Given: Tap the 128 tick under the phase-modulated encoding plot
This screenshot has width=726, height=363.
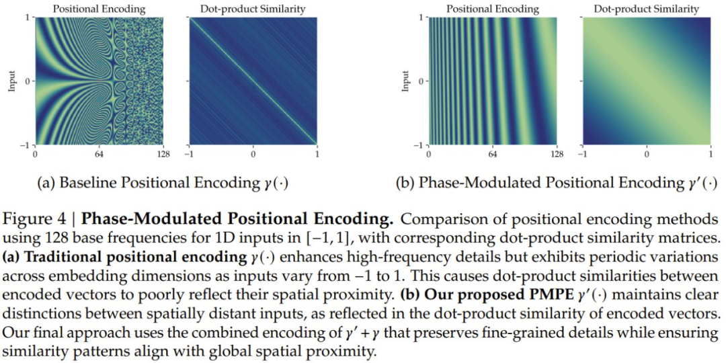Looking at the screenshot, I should point(557,155).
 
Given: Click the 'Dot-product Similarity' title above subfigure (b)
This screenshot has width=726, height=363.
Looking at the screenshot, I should point(646,9).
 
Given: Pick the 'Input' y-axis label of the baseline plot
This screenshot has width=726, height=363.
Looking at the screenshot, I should point(13,81).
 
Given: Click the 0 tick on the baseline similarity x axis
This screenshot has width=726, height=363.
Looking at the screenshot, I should point(253,155).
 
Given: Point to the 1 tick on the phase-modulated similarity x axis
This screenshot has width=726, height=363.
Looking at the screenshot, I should point(710,155).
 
